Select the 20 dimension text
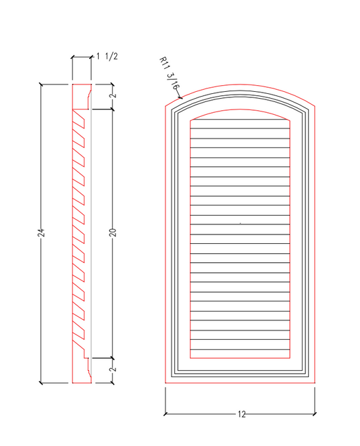113,232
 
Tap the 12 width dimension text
241,414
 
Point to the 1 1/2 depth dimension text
108,56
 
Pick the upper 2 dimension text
113,96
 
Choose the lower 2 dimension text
113,369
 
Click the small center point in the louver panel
240,223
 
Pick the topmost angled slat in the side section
78,118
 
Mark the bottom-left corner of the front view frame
165,383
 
